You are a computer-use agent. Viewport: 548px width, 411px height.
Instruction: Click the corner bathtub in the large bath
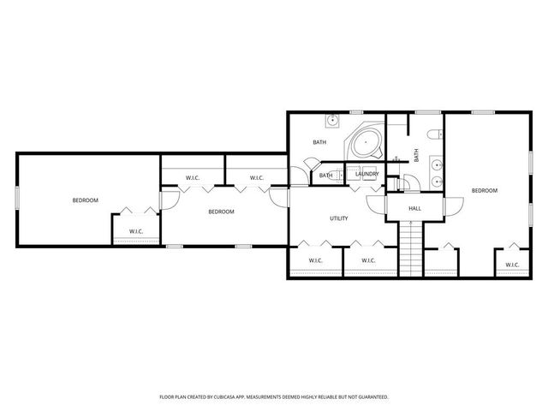pos(366,141)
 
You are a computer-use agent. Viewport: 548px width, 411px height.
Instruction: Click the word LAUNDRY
pos(367,175)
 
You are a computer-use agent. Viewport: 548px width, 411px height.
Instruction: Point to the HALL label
pos(414,208)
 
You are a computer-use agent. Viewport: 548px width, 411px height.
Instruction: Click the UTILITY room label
pos(339,218)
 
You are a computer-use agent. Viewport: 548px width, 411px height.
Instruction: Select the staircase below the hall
pos(412,247)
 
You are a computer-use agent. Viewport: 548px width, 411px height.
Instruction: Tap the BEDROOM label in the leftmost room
pos(85,200)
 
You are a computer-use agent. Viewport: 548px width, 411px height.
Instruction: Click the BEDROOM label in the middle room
pos(221,211)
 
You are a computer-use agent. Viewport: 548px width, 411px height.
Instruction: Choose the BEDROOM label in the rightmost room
pos(484,190)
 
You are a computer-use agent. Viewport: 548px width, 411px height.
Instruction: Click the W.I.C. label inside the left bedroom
pos(135,231)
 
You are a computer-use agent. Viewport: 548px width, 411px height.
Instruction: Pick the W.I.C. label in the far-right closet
pos(512,265)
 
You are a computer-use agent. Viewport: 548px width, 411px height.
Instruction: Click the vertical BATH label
pos(417,155)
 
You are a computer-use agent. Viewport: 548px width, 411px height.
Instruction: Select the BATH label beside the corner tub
pos(319,142)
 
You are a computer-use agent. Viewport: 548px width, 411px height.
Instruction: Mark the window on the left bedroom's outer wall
pos(16,197)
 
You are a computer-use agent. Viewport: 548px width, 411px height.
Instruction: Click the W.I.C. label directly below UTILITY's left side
pos(314,260)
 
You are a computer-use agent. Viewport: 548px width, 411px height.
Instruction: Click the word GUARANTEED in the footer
pos(371,397)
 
